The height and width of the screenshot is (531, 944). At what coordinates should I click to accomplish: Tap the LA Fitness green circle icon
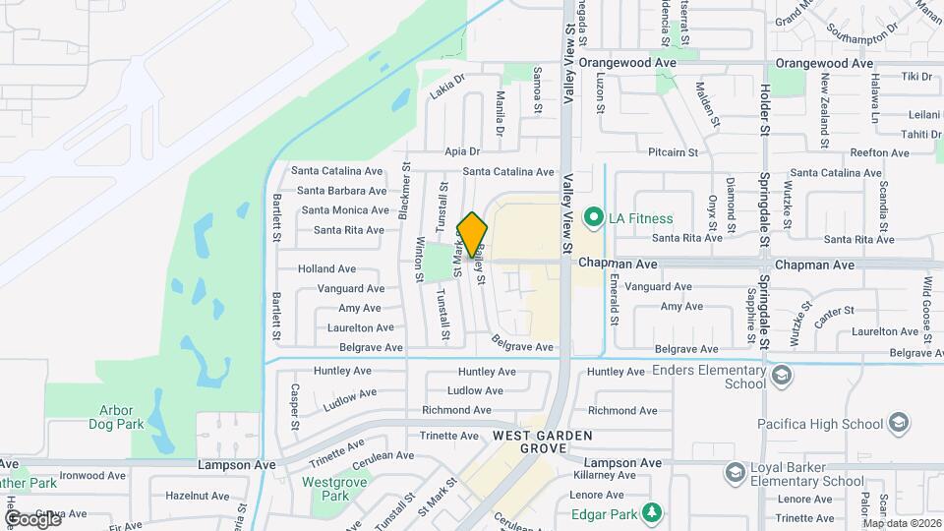point(593,217)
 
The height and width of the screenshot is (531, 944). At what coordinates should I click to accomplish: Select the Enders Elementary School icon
point(781,376)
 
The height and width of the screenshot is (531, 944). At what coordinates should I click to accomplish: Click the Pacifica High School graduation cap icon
point(897,424)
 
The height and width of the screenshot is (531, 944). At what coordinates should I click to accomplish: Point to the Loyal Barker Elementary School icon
point(734,474)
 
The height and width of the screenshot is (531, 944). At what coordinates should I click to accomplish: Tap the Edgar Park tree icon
point(650,512)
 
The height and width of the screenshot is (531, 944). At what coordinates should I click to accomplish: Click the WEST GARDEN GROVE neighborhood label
point(530,442)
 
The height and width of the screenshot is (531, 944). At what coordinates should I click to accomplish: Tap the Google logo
point(32,518)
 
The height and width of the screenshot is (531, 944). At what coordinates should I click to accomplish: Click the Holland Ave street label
point(326,268)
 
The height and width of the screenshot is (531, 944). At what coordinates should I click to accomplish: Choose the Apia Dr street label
point(461,151)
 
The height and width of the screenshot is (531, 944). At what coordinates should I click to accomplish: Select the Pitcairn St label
point(673,152)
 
